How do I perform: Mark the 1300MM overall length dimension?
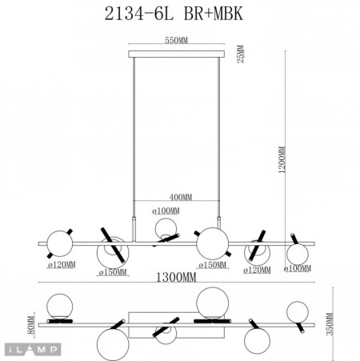click(175, 278)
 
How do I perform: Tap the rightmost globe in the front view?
click(298, 255)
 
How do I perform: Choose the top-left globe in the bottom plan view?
click(58, 305)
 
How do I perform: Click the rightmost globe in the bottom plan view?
click(298, 312)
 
